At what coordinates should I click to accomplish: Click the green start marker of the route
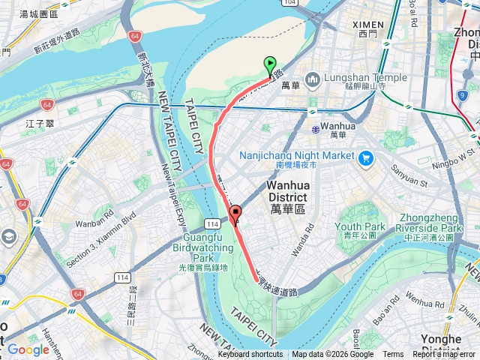270,66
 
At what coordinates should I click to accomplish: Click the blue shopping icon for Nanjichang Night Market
366,157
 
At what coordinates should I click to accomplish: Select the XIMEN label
368,25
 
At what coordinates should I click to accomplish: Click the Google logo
28,349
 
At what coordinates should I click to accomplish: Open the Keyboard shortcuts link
250,355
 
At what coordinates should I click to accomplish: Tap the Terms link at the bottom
393,355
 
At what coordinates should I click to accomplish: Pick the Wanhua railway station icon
315,127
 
